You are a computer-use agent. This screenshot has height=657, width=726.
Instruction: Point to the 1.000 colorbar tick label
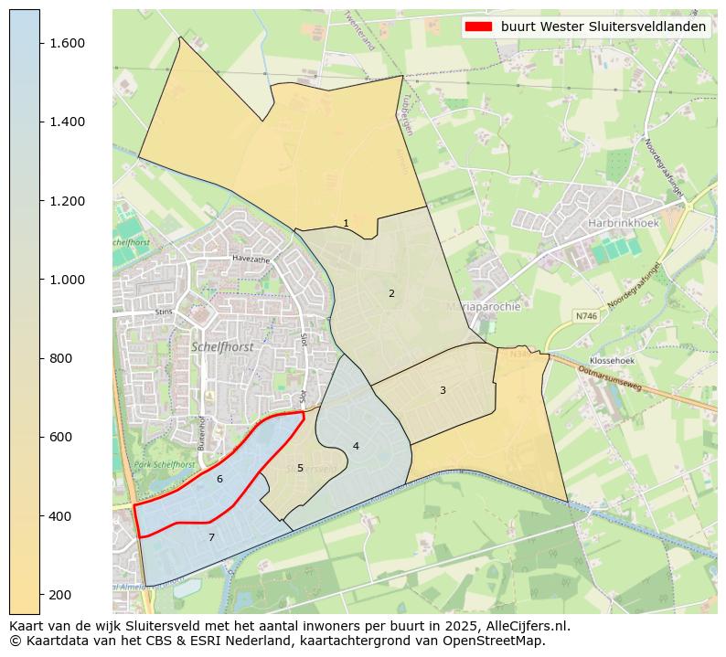(x=68, y=280)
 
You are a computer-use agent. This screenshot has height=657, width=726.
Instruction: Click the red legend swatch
(x=478, y=26)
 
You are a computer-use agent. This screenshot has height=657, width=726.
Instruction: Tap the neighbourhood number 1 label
(x=346, y=223)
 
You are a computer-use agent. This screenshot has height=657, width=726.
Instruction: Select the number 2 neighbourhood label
(x=391, y=293)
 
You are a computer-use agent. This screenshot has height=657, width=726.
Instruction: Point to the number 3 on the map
(x=443, y=390)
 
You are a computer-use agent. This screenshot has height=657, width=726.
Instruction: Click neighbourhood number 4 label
(x=356, y=446)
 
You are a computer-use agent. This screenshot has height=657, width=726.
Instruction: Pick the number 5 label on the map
(x=300, y=468)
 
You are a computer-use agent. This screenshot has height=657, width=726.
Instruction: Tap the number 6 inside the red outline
(x=219, y=479)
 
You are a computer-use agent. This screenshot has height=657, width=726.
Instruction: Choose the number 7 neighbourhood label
(x=211, y=537)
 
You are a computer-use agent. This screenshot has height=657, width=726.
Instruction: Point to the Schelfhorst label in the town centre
(x=222, y=346)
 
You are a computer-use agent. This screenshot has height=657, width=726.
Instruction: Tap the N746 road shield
(x=586, y=315)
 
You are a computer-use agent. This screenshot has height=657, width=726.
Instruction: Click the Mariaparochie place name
(x=484, y=307)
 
